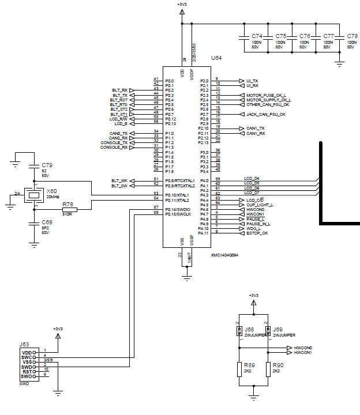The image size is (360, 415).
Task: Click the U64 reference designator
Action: (x=216, y=59)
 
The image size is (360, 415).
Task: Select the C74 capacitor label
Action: (x=257, y=36)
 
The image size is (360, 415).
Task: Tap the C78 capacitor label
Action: (x=352, y=36)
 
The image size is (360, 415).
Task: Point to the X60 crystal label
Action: (x=52, y=191)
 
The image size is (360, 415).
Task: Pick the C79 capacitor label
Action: (x=47, y=165)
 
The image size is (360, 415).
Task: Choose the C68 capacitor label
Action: (x=47, y=221)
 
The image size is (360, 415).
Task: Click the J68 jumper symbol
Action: (x=239, y=331)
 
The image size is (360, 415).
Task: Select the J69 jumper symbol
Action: (x=268, y=331)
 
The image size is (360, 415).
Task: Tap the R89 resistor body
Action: (x=239, y=369)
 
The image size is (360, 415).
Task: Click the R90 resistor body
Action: (x=268, y=369)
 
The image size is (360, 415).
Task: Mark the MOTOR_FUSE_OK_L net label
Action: (x=266, y=95)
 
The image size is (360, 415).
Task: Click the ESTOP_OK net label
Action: (x=257, y=233)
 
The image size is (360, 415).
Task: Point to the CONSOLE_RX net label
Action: (x=114, y=148)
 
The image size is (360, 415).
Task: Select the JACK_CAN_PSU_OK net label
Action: (x=265, y=114)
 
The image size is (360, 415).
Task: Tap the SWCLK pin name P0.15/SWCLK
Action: (x=177, y=214)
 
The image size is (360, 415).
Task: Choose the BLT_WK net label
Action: (x=119, y=181)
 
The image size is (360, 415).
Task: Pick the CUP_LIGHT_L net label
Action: (x=260, y=205)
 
